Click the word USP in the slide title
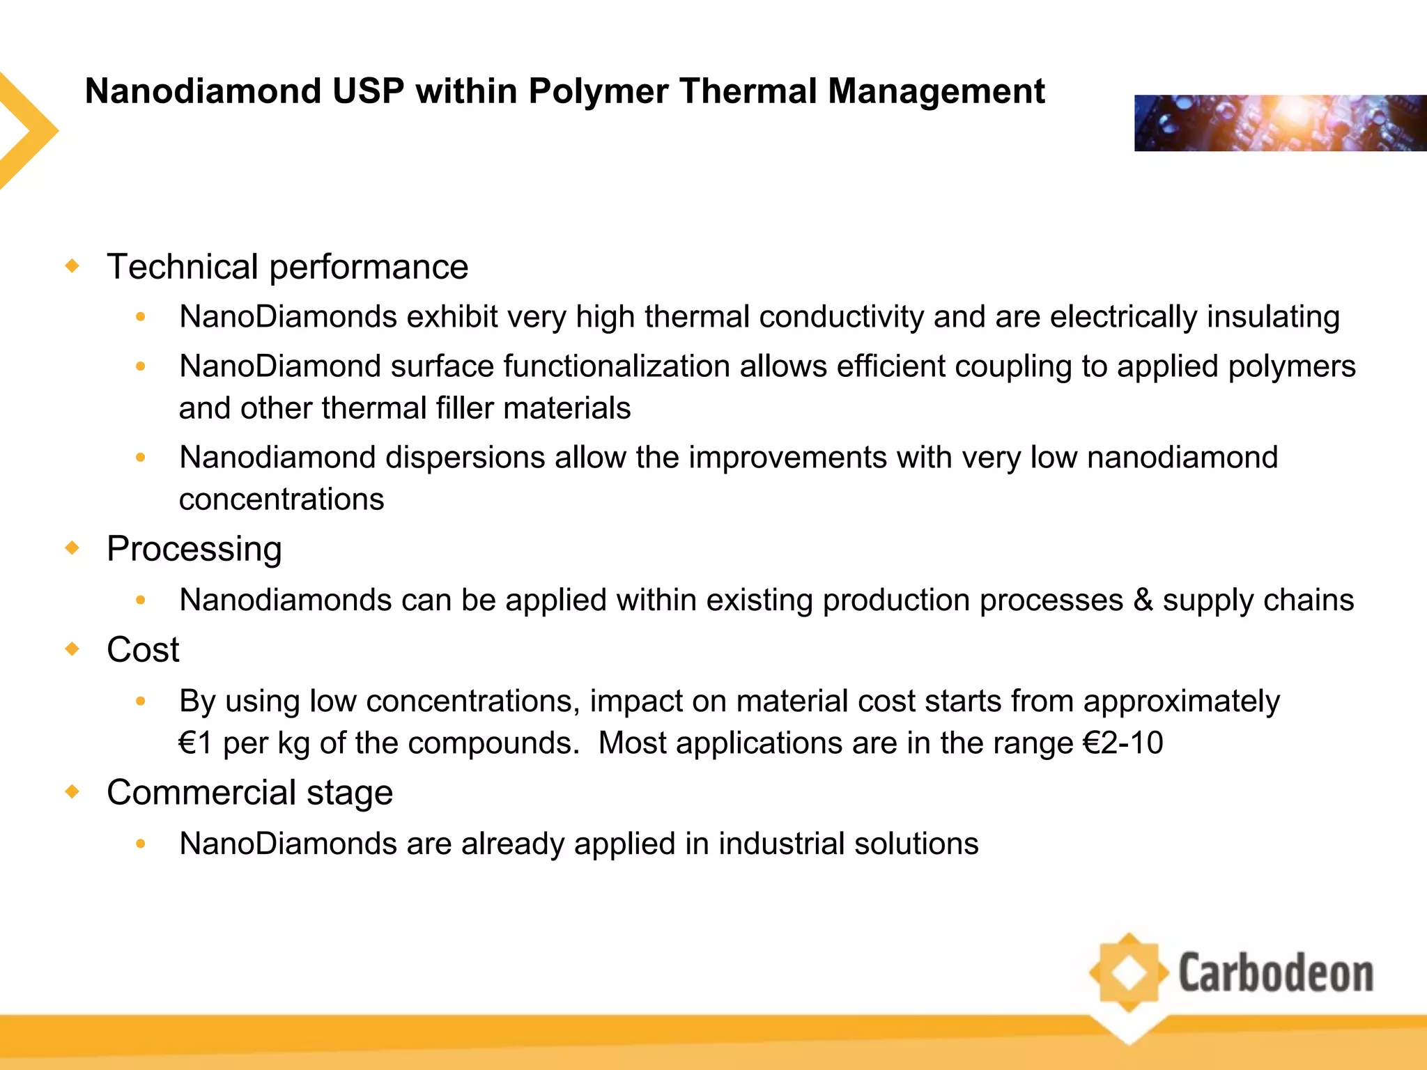click(x=368, y=91)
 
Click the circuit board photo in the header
click(x=1280, y=123)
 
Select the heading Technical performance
click(x=287, y=267)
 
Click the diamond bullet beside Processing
click(x=72, y=548)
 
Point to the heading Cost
click(x=143, y=650)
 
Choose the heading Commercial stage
click(x=249, y=793)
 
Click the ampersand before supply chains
click(x=1143, y=600)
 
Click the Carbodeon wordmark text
click(x=1275, y=973)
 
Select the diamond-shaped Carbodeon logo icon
click(x=1129, y=973)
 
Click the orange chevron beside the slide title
click(x=28, y=130)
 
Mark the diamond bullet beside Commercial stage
click(x=72, y=792)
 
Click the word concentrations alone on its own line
click(x=281, y=499)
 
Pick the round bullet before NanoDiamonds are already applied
click(x=141, y=844)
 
